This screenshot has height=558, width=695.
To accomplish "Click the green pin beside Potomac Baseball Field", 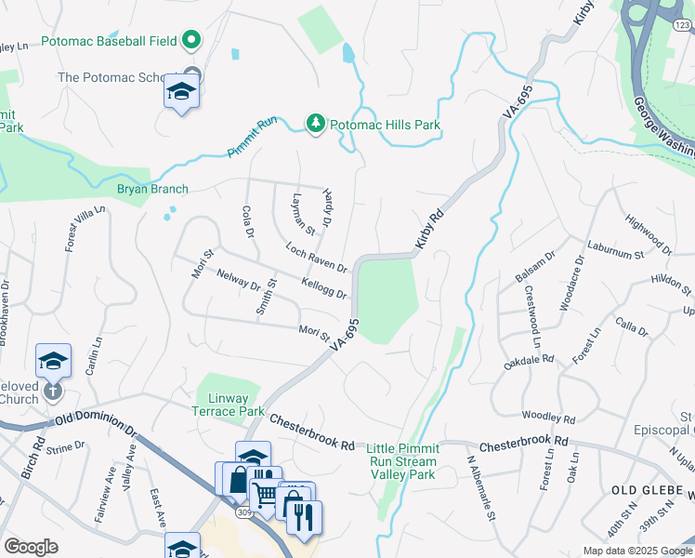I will coord(191,40).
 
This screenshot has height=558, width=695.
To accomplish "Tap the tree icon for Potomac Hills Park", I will coord(316,124).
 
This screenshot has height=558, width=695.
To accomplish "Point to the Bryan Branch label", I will coord(152,189).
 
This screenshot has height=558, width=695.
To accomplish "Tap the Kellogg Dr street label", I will coord(324,287).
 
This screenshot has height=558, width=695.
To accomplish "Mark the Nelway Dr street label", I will coord(238,281).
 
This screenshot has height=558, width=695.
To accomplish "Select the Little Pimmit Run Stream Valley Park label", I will coord(402,461).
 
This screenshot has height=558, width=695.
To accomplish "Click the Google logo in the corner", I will coord(32,547).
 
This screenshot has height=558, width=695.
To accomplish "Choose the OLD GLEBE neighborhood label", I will coord(650,489).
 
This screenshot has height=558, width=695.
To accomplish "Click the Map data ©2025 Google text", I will coord(636,551).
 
